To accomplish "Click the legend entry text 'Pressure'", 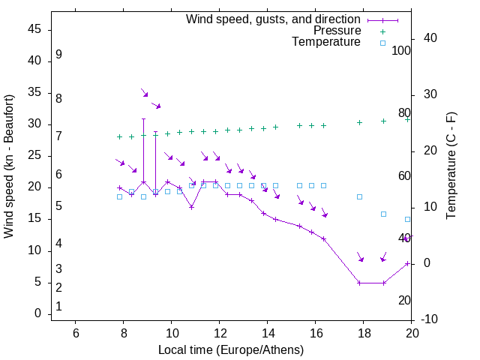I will [337, 31].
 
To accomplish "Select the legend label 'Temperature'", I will [326, 43].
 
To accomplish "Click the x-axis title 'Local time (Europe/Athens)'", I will [231, 350].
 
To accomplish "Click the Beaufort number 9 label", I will [58, 55].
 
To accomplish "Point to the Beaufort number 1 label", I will [58, 307].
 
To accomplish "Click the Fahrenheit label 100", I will [402, 51].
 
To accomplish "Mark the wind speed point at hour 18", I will [360, 283].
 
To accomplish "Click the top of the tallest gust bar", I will [143, 118].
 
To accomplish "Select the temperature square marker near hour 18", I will [360, 196].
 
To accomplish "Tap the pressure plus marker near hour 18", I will [360, 122].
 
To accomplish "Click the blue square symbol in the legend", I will [382, 43].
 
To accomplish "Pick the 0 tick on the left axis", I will [37, 314].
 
